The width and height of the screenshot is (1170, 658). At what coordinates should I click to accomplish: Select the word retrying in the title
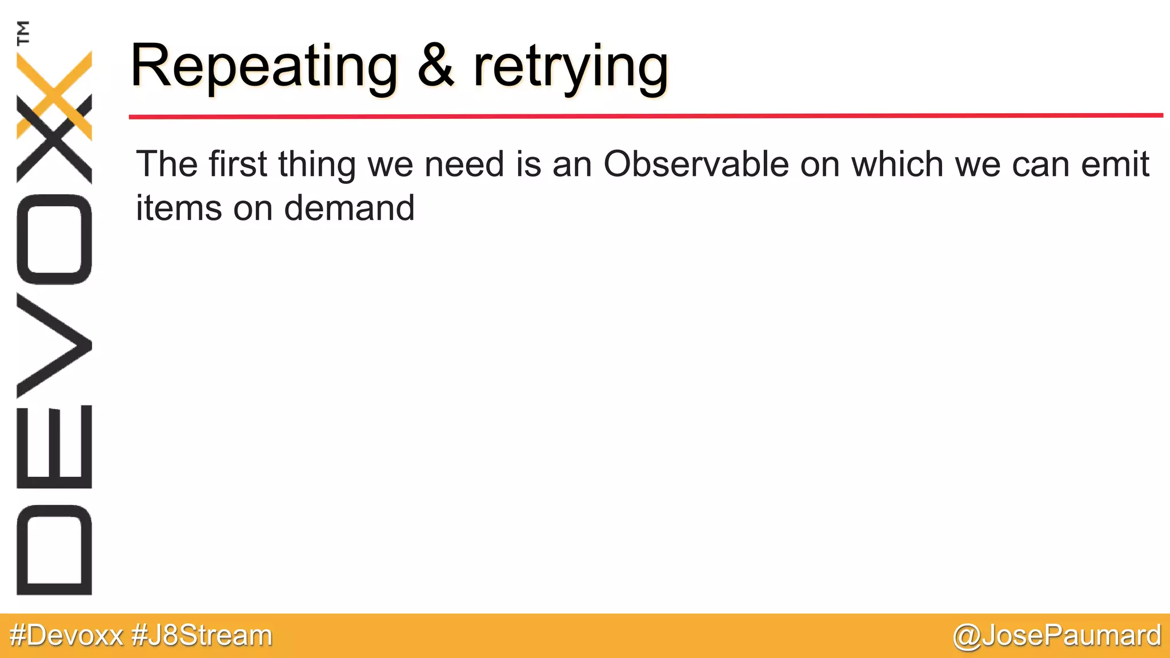pyautogui.click(x=570, y=69)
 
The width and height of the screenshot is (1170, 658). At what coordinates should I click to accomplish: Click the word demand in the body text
pyautogui.click(x=349, y=208)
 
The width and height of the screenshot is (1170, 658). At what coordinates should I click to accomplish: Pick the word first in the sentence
pyautogui.click(x=238, y=164)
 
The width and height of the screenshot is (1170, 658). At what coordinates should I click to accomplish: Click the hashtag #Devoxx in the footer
pyautogui.click(x=66, y=636)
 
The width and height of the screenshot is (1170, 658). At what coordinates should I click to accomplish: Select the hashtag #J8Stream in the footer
pyautogui.click(x=202, y=636)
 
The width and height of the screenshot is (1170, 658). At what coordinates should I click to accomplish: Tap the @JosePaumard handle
pyautogui.click(x=1056, y=636)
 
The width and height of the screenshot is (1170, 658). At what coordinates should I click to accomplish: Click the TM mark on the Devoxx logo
pyautogui.click(x=23, y=33)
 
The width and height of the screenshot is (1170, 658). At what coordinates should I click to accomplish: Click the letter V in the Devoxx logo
pyautogui.click(x=54, y=346)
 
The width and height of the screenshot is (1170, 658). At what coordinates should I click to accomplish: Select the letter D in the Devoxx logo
pyautogui.click(x=54, y=550)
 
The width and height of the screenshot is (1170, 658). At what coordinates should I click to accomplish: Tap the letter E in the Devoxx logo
pyautogui.click(x=54, y=447)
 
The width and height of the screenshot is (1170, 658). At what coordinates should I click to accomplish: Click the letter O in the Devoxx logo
pyautogui.click(x=54, y=239)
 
